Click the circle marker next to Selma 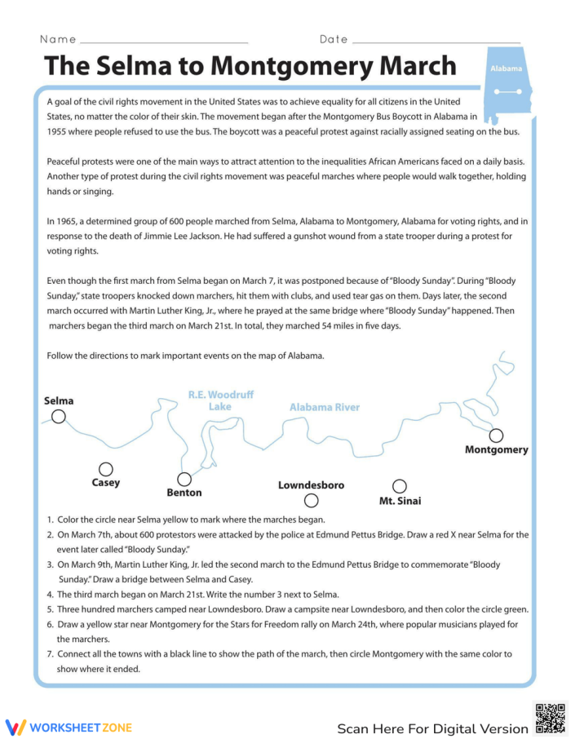coord(59,417)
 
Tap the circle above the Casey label coord(105,469)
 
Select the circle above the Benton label coord(184,479)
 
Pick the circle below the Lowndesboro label coord(311,500)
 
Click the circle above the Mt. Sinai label coord(399,486)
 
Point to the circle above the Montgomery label coord(496,436)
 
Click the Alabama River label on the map coord(324,407)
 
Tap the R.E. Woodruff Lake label coord(220,400)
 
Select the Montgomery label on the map coord(496,449)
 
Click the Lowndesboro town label coord(311,485)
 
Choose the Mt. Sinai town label coord(400,501)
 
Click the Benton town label coord(184,493)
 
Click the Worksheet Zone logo coord(69,727)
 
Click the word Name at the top coord(58,39)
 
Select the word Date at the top coord(334,39)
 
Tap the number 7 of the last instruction coord(49,654)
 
